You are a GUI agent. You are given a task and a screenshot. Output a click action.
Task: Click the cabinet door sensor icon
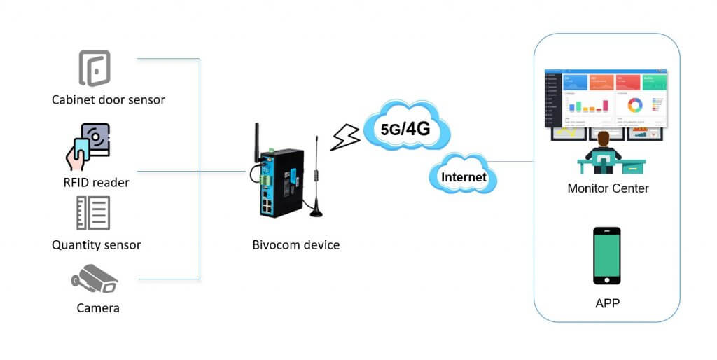point(94,68)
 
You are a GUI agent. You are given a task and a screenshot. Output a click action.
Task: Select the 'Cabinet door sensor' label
point(108,99)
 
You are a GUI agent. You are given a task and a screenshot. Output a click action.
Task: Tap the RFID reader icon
point(89,146)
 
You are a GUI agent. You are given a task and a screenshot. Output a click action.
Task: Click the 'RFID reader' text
point(96,183)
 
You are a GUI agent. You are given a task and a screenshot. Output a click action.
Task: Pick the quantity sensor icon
point(93,213)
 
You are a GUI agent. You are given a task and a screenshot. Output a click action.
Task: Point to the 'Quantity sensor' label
point(96,245)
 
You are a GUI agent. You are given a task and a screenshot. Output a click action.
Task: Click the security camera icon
point(95,278)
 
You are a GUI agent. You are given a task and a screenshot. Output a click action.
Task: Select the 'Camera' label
point(97,307)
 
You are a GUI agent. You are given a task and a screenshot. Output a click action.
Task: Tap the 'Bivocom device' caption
point(295,245)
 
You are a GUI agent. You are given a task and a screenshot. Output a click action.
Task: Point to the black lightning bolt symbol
point(345,138)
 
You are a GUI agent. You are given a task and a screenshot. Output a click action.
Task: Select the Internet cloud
point(463,176)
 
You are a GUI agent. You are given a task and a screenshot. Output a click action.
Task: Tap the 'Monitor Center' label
point(608,188)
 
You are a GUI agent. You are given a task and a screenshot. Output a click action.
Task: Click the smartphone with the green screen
point(606,255)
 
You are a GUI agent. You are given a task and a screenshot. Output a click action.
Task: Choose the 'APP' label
point(606,303)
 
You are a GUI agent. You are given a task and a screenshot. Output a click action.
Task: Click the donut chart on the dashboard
point(635,105)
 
